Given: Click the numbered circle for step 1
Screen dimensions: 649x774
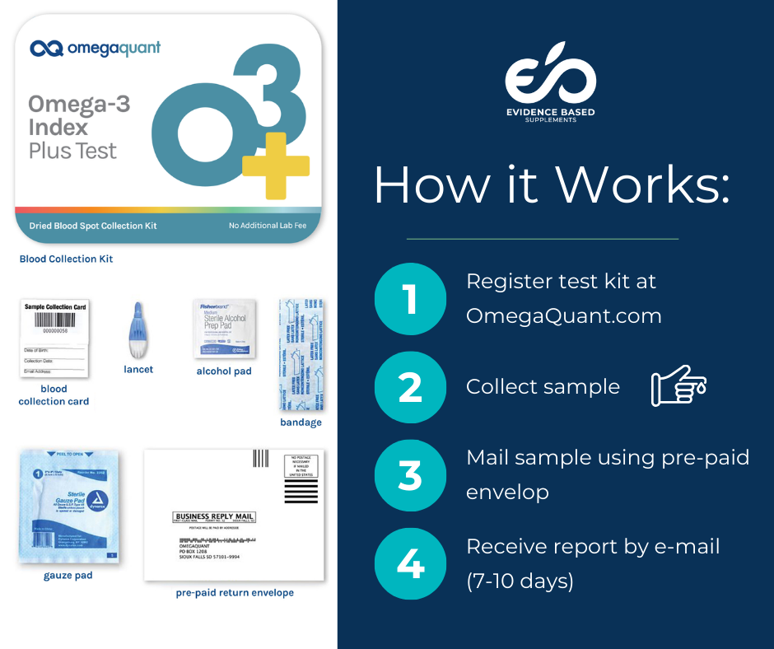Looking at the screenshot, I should tap(409, 300).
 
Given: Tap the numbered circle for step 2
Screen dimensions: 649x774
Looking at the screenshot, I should tap(409, 387).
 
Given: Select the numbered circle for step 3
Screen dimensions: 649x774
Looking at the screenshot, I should tap(409, 475).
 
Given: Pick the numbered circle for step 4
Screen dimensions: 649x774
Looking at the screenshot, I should tap(409, 563).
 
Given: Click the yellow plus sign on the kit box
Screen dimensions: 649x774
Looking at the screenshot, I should tap(276, 166).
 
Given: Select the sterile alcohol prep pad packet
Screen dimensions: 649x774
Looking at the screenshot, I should tap(224, 328).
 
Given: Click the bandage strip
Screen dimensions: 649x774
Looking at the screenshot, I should tap(301, 354).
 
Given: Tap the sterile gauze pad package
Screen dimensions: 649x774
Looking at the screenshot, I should tap(69, 506).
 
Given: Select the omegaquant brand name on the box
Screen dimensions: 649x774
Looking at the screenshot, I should tap(108, 48).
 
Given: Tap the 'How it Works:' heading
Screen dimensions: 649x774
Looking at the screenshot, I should tap(552, 185).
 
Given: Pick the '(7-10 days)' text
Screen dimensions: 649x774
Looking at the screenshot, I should tap(519, 581).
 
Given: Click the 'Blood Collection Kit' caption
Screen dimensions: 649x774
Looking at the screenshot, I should tap(66, 259).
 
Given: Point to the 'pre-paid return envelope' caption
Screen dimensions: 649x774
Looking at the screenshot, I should tap(235, 592).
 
